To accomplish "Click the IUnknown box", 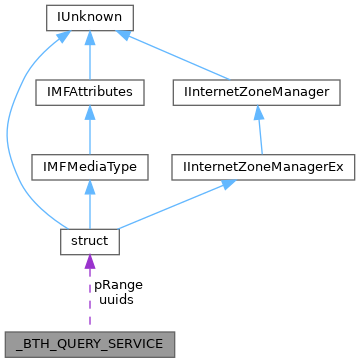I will click(x=89, y=18).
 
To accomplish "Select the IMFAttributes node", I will click(x=89, y=92).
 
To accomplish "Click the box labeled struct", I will click(x=89, y=241).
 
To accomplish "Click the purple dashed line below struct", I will click(x=89, y=300).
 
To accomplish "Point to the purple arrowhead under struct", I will click(x=89, y=262).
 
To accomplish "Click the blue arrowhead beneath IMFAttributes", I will click(x=89, y=113).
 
